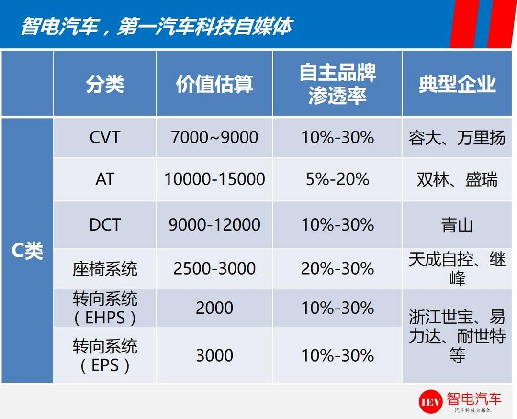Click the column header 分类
point(105,84)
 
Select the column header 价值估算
point(214,84)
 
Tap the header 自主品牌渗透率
point(337,84)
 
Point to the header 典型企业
point(457,84)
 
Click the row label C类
point(27,251)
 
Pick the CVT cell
point(105,137)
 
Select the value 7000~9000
point(214,137)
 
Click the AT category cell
point(105,179)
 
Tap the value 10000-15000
point(214,179)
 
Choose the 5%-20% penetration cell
point(337,179)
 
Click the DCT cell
point(105,225)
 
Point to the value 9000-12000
point(214,225)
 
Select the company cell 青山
point(457,225)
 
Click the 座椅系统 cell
point(105,269)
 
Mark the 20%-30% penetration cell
point(337,268)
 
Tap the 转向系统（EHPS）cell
point(105,309)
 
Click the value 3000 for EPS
point(214,355)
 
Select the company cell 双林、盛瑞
point(457,180)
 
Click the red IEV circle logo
point(430,402)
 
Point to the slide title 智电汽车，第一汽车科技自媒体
point(157,26)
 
